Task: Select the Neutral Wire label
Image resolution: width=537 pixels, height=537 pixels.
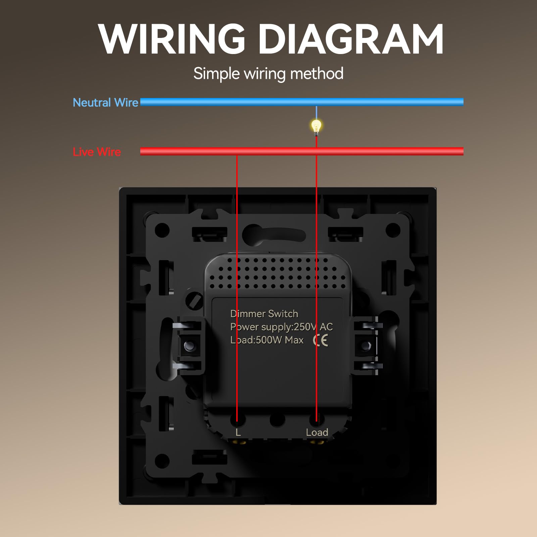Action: (x=105, y=102)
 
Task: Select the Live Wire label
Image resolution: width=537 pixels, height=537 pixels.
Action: (x=97, y=152)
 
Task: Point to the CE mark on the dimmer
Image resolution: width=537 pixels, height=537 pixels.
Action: (x=321, y=340)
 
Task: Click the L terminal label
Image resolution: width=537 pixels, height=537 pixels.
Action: (x=238, y=432)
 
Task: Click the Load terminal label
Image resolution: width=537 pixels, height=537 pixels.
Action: (x=317, y=432)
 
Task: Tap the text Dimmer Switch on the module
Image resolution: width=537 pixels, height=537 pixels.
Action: (x=264, y=314)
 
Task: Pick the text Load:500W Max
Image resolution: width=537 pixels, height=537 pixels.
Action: (x=267, y=340)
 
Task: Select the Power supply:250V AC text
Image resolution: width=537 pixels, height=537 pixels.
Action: (x=281, y=327)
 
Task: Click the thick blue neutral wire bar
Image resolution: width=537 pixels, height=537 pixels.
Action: (x=302, y=102)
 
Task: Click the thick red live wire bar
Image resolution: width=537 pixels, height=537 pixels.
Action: (x=302, y=151)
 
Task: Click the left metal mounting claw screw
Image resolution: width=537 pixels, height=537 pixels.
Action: (x=189, y=346)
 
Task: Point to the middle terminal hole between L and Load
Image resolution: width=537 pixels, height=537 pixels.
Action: (x=277, y=419)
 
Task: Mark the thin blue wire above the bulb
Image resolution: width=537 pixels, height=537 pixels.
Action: (x=316, y=113)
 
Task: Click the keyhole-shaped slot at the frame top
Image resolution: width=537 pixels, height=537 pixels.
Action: (x=274, y=234)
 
